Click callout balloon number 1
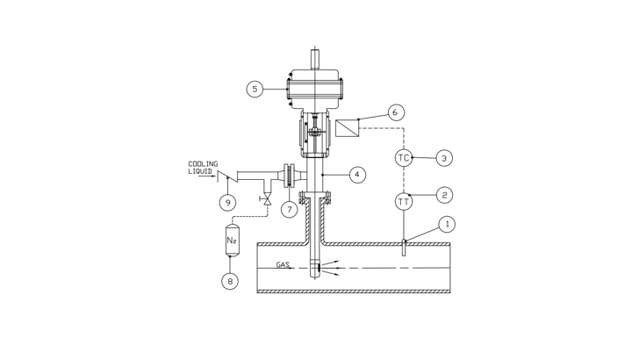(447, 224)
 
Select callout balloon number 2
(444, 195)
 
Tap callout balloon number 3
(444, 158)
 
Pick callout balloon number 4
(357, 175)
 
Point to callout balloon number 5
(255, 89)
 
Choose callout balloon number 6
(395, 112)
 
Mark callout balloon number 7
(290, 210)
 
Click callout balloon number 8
(230, 281)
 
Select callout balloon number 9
(227, 202)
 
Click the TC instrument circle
(404, 158)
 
